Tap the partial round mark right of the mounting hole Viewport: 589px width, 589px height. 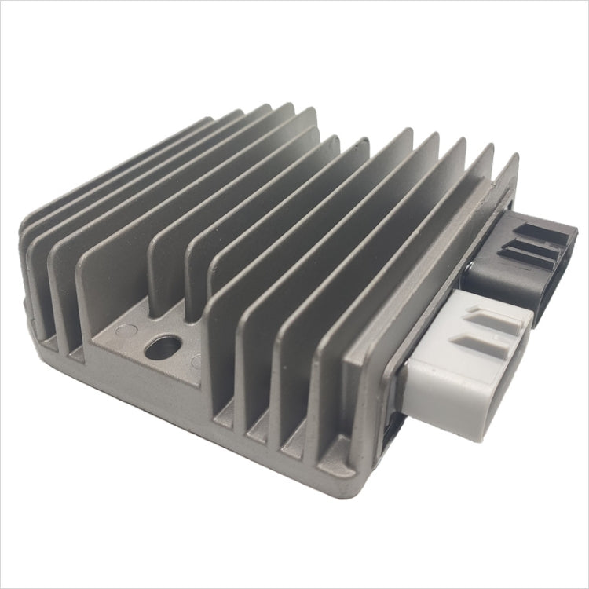coord(196,362)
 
